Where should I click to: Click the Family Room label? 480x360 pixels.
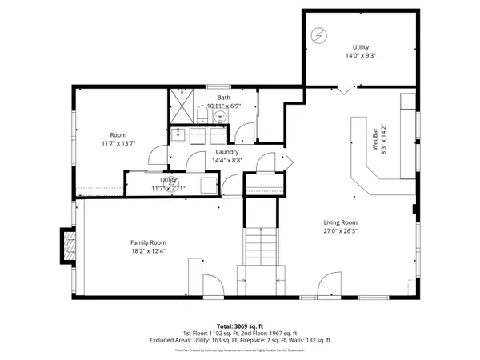pyautogui.click(x=148, y=242)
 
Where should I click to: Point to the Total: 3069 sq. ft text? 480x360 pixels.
pyautogui.click(x=240, y=326)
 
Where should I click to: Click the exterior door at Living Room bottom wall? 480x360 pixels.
pyautogui.click(x=329, y=285)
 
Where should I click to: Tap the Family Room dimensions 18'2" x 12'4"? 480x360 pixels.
pyautogui.click(x=148, y=252)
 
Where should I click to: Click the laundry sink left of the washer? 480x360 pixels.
pyautogui.click(x=182, y=134)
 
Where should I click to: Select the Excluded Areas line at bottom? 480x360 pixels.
pyautogui.click(x=240, y=340)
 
